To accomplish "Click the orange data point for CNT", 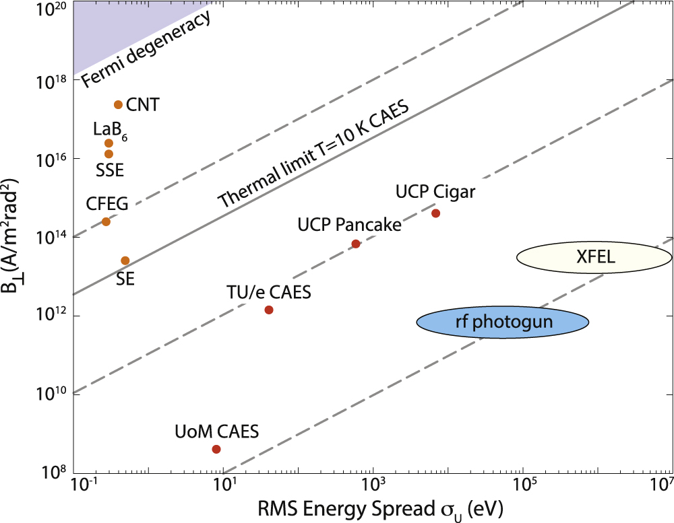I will [x=118, y=104].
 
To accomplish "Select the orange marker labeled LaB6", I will [x=109, y=143].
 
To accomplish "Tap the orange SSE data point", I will [x=109, y=153].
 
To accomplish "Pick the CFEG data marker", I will [x=106, y=221].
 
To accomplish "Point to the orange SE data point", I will [x=125, y=260].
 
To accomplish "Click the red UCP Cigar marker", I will [x=435, y=213].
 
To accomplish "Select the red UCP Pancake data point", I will [x=356, y=244].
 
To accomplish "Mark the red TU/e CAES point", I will [x=269, y=310].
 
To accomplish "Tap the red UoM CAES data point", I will [x=216, y=449].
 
